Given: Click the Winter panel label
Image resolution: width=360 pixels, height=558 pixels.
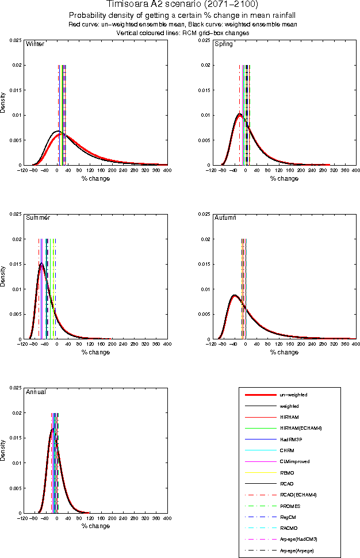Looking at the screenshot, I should (35, 44).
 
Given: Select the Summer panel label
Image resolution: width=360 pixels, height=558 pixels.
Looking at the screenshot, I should (38, 218).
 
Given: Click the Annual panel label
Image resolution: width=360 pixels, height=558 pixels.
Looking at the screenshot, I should (36, 392).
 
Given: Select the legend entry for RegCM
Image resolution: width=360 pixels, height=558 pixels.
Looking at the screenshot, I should (288, 517).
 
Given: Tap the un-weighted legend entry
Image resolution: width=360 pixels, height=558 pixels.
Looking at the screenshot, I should (293, 395).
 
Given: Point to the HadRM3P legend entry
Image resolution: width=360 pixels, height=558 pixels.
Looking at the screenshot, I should (291, 439).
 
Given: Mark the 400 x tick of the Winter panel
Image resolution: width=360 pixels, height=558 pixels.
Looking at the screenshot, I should (167, 171).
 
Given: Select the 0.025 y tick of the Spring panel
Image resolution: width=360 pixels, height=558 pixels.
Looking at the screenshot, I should (204, 40).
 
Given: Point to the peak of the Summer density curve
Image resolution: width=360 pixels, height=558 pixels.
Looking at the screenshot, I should (41, 263).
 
